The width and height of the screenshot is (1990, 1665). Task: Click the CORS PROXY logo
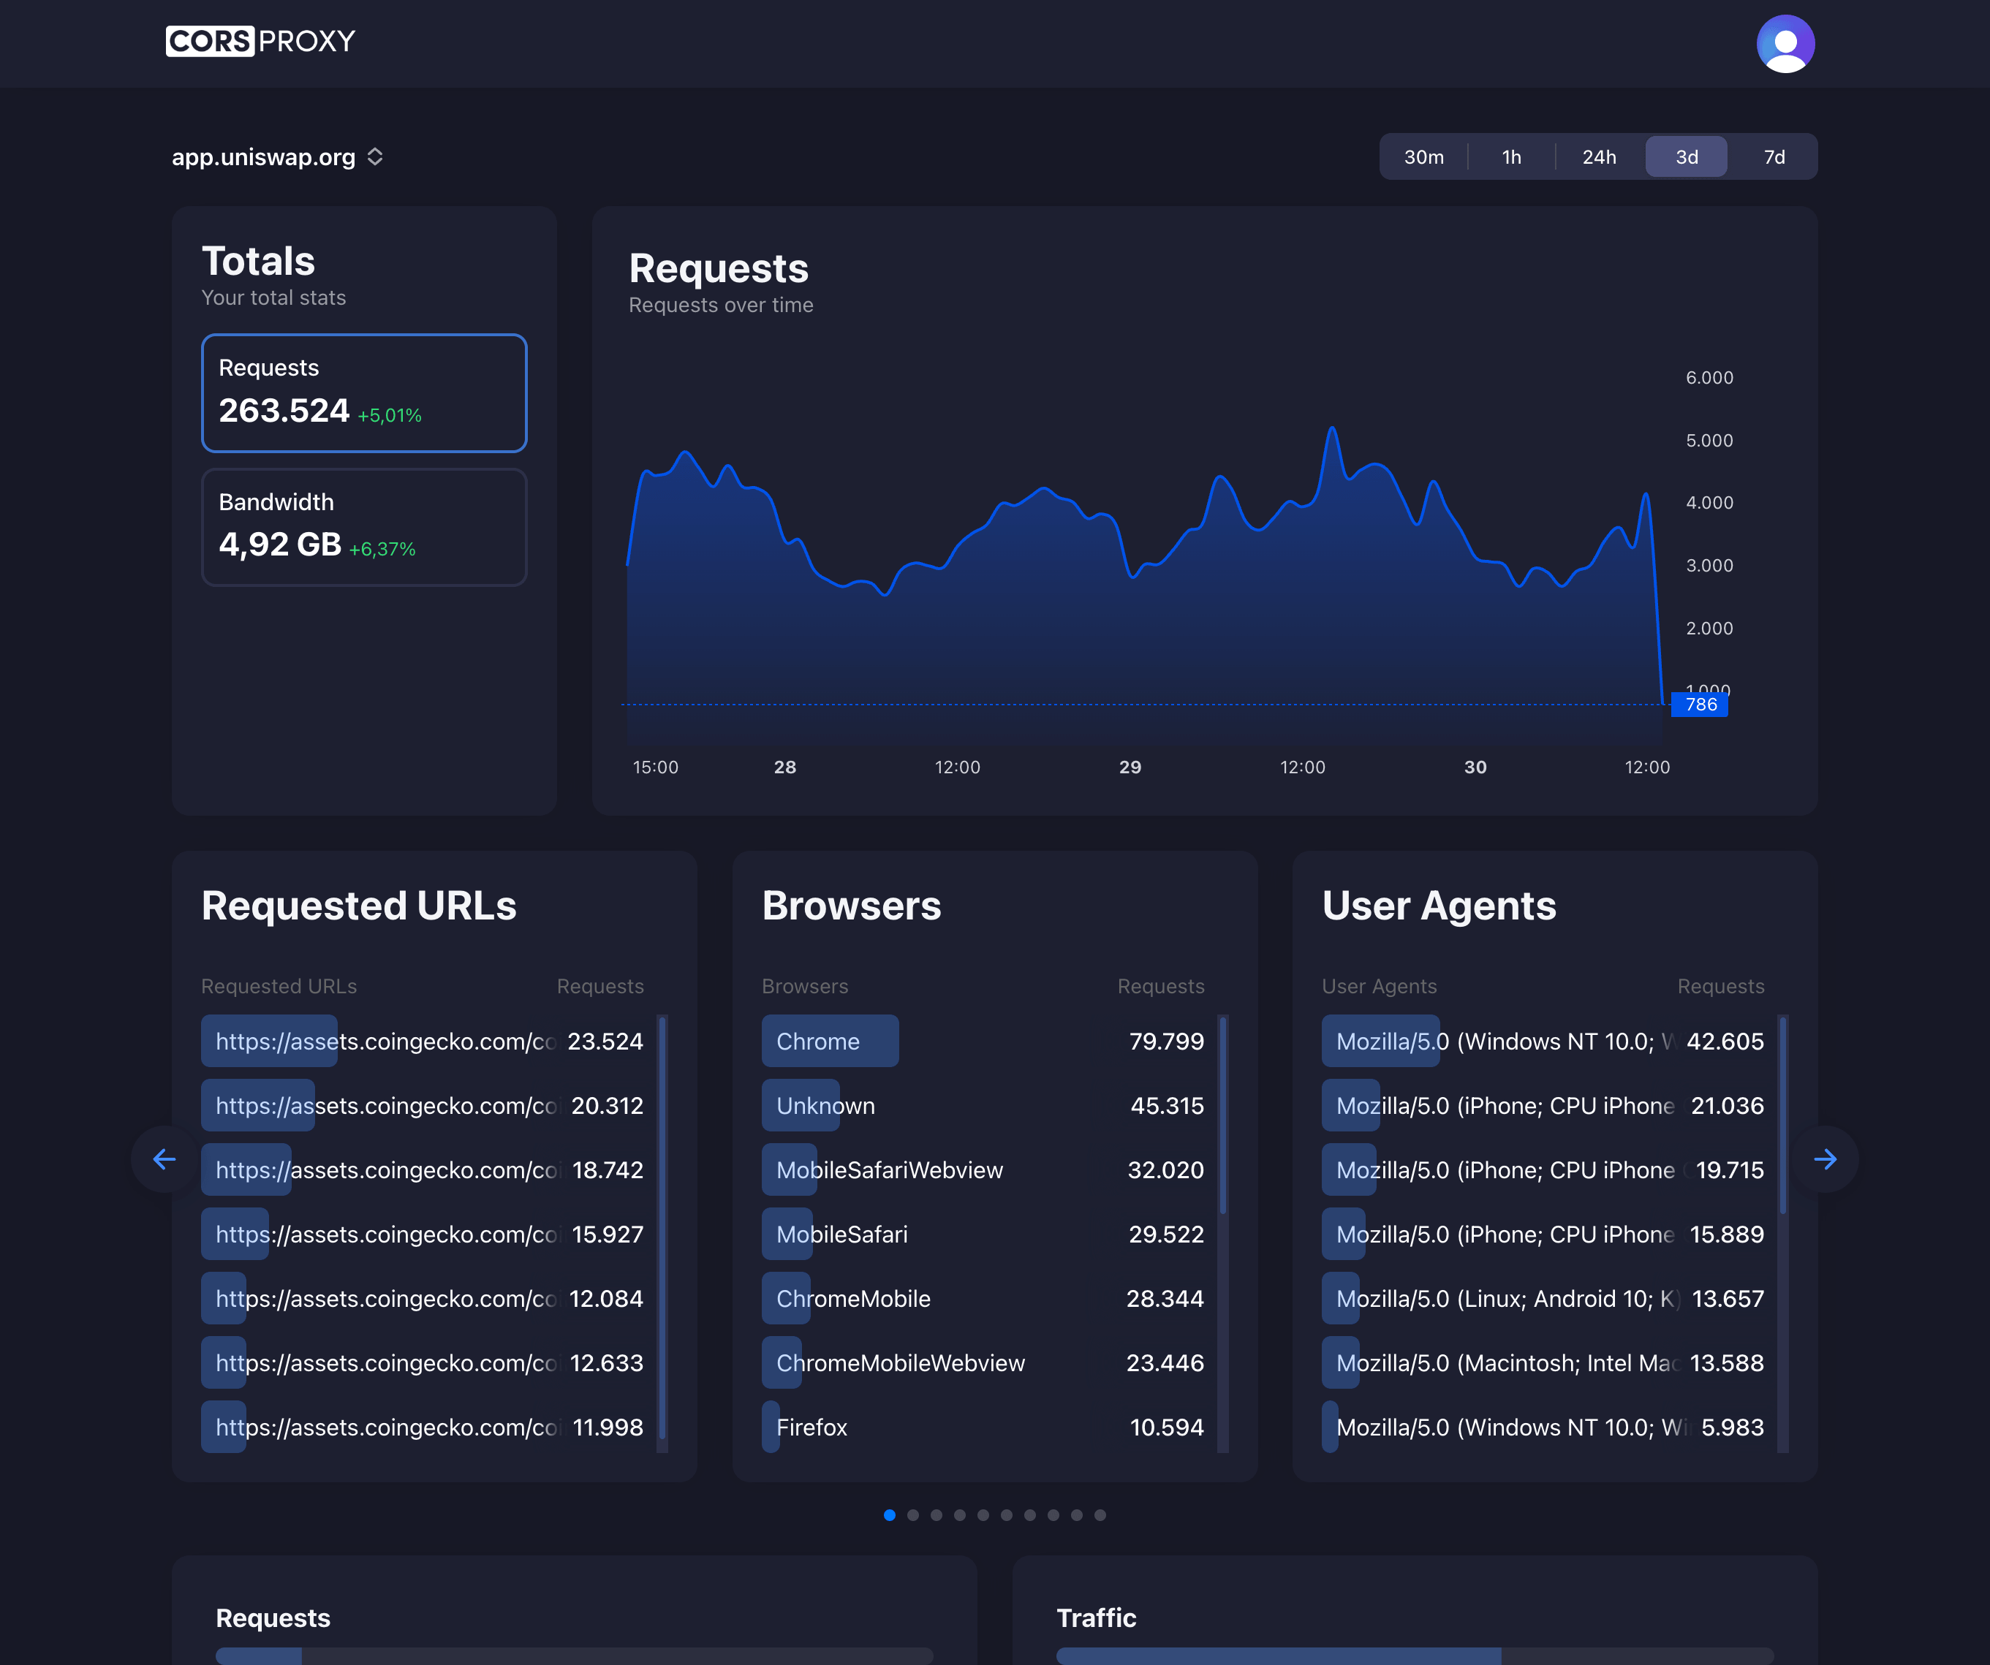click(x=260, y=42)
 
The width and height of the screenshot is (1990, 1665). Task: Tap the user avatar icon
click(x=1785, y=44)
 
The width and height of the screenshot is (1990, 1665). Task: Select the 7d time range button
click(x=1774, y=157)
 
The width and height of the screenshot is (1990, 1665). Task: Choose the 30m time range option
click(x=1423, y=157)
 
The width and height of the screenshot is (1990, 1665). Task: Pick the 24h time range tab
click(x=1599, y=157)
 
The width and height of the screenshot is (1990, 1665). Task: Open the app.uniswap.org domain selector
click(x=276, y=157)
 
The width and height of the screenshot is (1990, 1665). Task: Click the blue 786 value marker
click(x=1700, y=704)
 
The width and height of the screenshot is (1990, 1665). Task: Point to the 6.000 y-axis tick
click(x=1709, y=378)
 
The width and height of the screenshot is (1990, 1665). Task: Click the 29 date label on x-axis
click(x=1130, y=767)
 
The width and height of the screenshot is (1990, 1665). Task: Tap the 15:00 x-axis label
click(x=655, y=767)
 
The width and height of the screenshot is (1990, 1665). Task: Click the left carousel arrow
click(x=165, y=1159)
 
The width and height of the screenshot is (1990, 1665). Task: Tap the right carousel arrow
click(x=1825, y=1159)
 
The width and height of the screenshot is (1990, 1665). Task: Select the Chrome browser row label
click(x=818, y=1042)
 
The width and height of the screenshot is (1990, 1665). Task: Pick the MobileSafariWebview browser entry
click(x=889, y=1170)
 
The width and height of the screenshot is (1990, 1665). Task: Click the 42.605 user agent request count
click(x=1725, y=1042)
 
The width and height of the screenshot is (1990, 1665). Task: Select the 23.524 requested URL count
click(x=605, y=1042)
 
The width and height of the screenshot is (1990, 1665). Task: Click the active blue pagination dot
click(x=889, y=1515)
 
